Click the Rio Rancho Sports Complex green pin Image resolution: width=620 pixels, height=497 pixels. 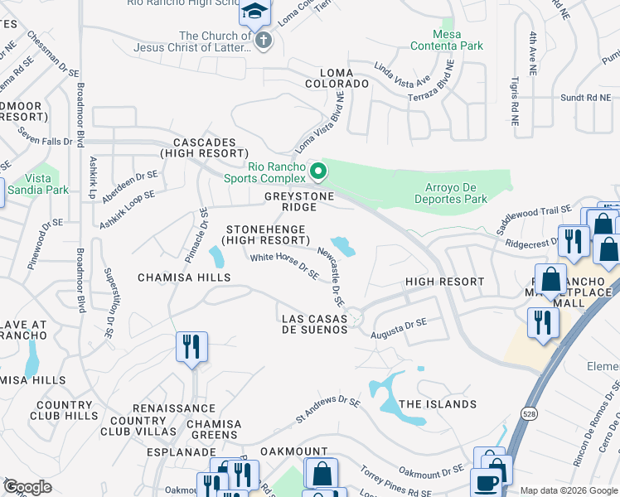pos(317,172)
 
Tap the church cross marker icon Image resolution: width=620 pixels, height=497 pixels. pos(263,41)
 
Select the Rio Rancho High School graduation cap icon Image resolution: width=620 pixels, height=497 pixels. pos(255,12)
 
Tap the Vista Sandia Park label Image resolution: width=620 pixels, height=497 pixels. pos(38,183)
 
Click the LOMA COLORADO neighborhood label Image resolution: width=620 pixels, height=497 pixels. pos(337,77)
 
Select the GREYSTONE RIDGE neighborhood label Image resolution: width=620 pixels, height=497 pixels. pos(299,201)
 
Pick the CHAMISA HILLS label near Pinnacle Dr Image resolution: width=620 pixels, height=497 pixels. pos(184,277)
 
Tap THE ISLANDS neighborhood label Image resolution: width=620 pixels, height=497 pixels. pos(438,404)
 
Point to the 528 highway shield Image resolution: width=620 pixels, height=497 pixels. pos(528,413)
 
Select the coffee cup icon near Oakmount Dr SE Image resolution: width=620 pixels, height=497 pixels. pos(485,483)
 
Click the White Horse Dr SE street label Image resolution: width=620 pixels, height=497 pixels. pos(285,266)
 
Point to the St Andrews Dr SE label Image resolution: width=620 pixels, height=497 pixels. pos(329,412)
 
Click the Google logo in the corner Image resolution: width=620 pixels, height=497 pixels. pos(27,487)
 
